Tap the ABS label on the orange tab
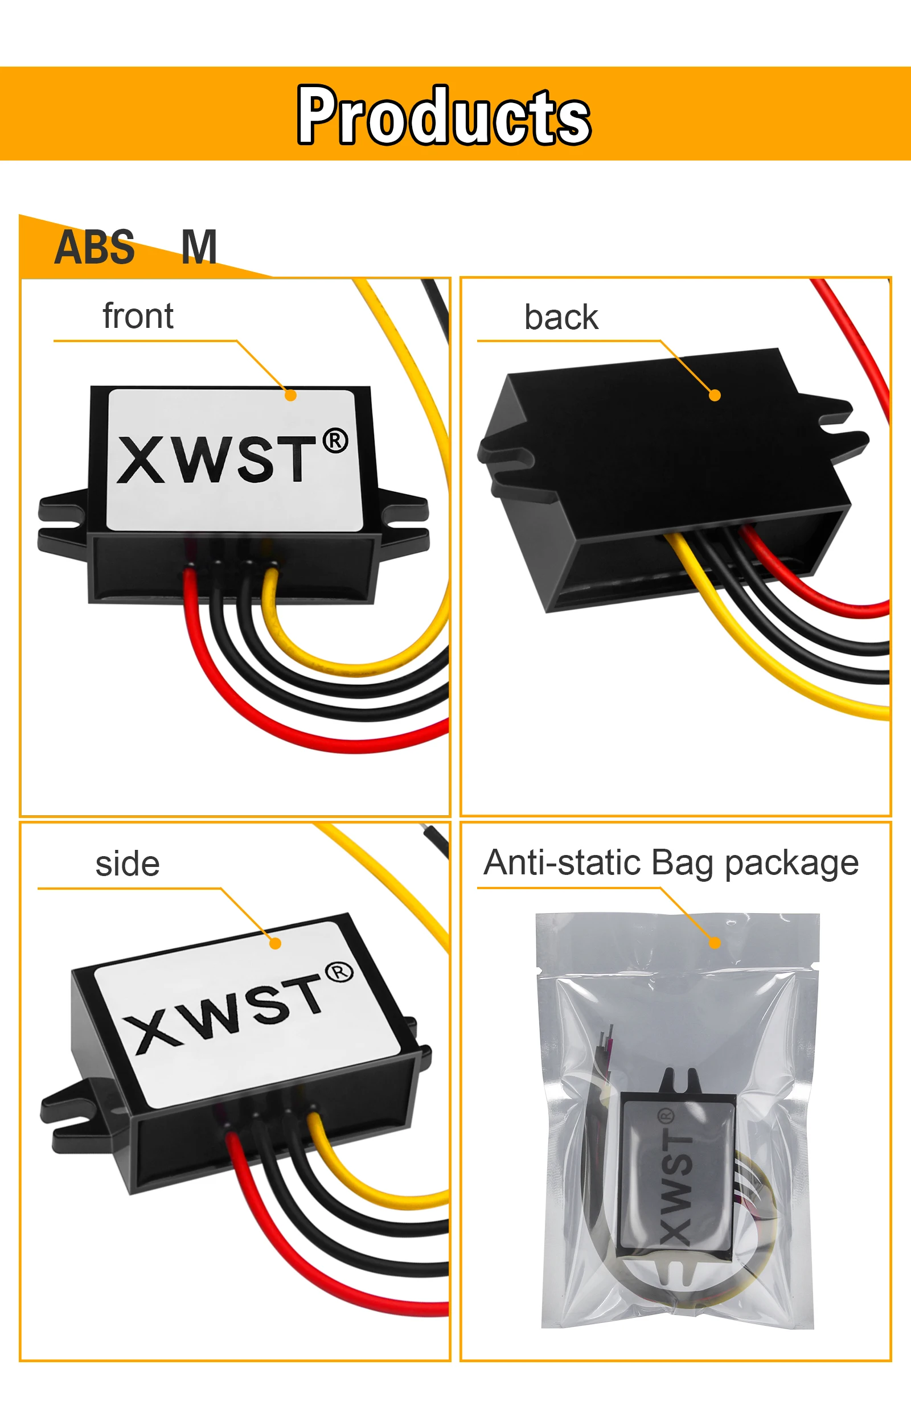[x=95, y=247]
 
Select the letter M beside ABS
[x=199, y=247]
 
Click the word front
[x=138, y=315]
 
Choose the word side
[x=127, y=864]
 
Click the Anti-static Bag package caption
[x=671, y=864]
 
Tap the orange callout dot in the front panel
[x=290, y=396]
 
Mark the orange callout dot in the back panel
[x=715, y=396]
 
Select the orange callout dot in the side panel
[x=275, y=943]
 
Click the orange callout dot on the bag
[x=715, y=943]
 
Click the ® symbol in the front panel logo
[x=335, y=441]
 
